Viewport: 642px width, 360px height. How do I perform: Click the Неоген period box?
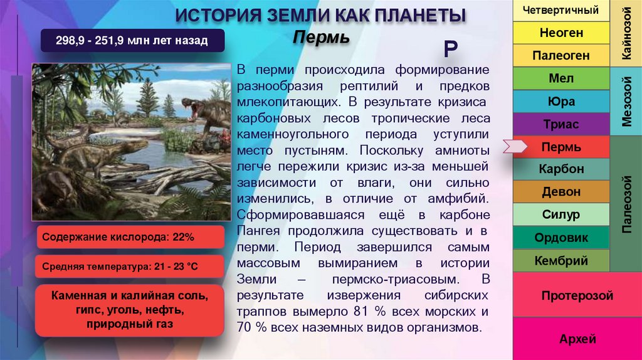point(561,33)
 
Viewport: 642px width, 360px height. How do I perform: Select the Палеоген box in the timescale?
point(561,56)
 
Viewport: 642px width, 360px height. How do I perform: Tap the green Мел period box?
point(561,79)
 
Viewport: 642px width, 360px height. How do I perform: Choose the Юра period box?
point(561,102)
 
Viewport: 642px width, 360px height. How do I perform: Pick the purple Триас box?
point(561,125)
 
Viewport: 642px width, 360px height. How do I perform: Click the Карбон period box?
point(561,169)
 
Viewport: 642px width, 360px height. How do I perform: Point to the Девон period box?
point(561,192)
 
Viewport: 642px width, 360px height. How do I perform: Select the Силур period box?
point(561,215)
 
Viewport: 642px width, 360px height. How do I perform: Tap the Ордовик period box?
point(561,238)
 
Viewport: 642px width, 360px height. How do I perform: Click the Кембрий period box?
point(561,260)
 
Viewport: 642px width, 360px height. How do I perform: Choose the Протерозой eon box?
point(577,295)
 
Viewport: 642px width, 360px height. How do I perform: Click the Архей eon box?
point(577,339)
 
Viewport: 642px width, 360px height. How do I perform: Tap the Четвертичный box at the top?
point(561,10)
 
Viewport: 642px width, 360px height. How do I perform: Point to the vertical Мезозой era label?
point(626,102)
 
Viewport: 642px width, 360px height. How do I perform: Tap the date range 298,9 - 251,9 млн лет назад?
point(132,42)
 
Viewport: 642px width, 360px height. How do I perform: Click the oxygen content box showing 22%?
point(130,238)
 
